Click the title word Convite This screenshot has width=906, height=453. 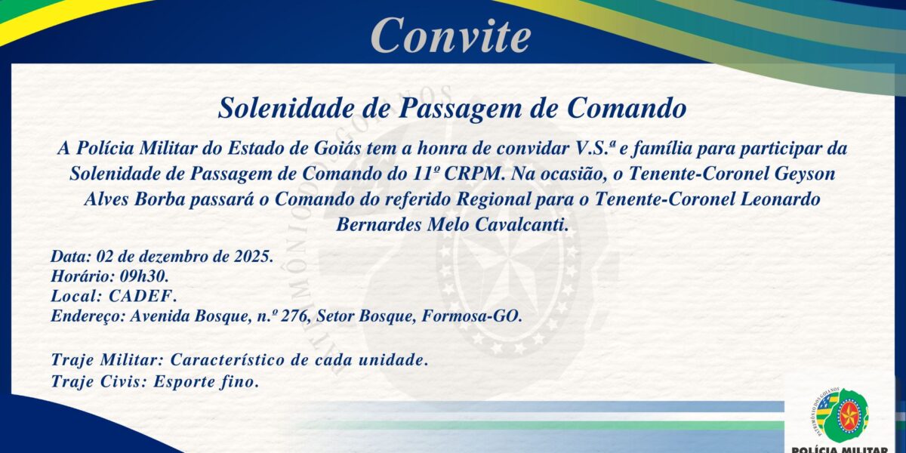coord(451,34)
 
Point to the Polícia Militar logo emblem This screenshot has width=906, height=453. coord(843,415)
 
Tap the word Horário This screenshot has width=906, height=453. coord(80,276)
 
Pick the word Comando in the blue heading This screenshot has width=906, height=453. coord(627,108)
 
